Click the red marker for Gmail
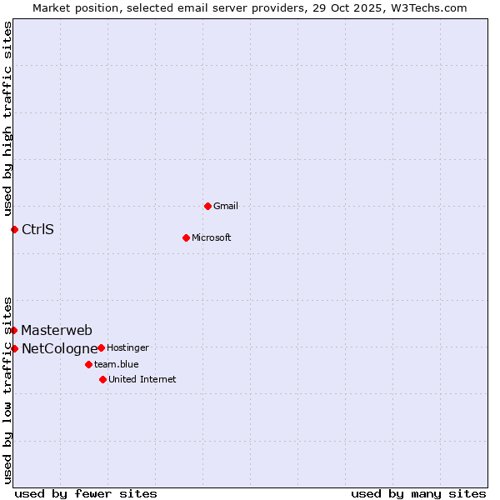pos(207,206)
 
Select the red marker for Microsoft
pos(186,237)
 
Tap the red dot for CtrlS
pos(14,229)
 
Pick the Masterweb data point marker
pos(14,330)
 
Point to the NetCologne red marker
pos(14,348)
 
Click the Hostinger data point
pos(101,347)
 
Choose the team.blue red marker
pos(88,364)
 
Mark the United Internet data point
pos(102,379)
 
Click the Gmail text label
pos(225,206)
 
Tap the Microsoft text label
pos(211,237)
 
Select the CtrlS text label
pos(37,229)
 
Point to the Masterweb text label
pos(57,330)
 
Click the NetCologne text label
pos(59,348)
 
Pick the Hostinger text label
pos(127,347)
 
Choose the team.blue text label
pos(116,364)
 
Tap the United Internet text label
pos(142,379)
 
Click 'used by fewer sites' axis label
pos(86,493)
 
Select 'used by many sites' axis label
pos(418,493)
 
